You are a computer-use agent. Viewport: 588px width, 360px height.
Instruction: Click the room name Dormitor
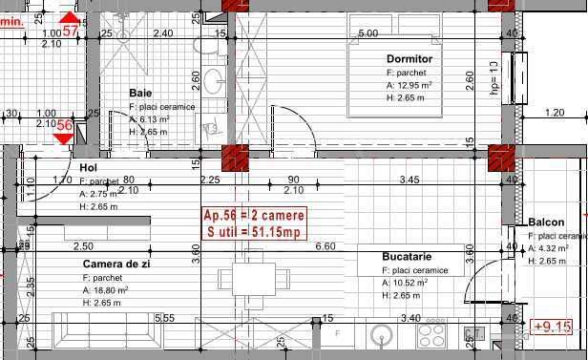[x=409, y=59]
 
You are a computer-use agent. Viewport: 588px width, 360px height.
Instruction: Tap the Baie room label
[x=141, y=94]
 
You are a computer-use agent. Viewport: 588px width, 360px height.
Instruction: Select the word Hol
[x=89, y=167]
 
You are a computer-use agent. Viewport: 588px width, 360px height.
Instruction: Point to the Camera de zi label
[x=117, y=265]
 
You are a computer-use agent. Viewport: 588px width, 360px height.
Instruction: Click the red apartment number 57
[x=70, y=29]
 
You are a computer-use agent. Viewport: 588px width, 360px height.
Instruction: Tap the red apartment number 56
[x=64, y=125]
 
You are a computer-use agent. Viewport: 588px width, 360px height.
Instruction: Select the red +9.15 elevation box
[x=553, y=327]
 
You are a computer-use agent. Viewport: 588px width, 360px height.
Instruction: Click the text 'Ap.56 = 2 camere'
[x=253, y=214]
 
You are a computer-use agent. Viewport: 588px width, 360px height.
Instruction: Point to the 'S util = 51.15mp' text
[x=253, y=230]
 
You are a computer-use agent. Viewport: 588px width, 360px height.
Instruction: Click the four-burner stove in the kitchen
[x=431, y=336]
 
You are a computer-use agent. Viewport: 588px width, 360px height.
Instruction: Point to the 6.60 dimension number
[x=325, y=246]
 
